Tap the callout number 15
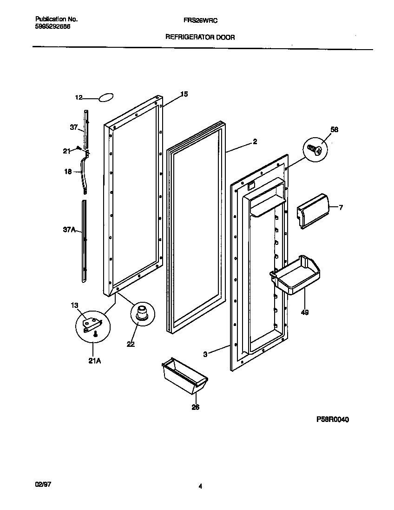coord(184,94)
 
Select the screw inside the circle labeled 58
coord(315,150)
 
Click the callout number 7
coord(341,207)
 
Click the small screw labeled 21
coord(79,149)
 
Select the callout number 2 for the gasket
coord(255,142)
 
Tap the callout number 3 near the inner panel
coord(205,354)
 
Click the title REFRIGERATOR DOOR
coord(200,37)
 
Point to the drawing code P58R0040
coord(332,419)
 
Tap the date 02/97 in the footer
coord(43,484)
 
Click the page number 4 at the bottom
coord(200,486)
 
